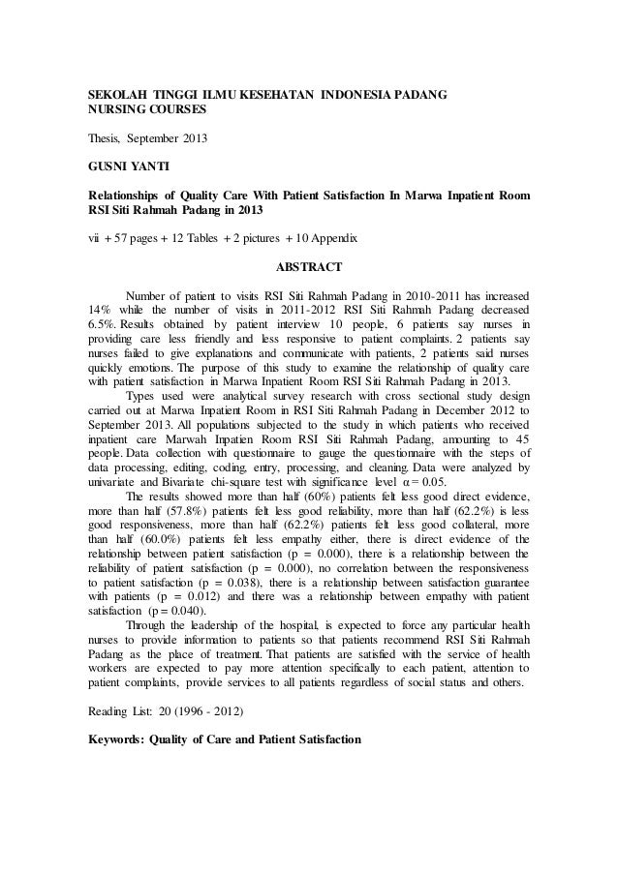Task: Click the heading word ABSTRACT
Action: click(308, 262)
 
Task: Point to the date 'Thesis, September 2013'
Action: click(148, 139)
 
